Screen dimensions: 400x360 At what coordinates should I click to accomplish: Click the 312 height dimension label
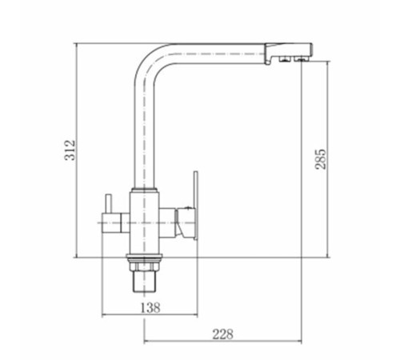(70, 150)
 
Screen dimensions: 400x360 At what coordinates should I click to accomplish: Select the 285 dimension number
(320, 159)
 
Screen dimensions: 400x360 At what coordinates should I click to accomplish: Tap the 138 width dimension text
(150, 308)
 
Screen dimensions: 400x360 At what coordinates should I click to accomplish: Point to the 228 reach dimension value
(222, 334)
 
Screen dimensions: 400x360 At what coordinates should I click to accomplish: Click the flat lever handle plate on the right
(195, 206)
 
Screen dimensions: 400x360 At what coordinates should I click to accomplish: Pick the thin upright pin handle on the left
(108, 204)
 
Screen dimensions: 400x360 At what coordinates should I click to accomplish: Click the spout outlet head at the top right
(288, 53)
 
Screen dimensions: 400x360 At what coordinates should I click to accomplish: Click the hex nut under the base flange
(144, 266)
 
